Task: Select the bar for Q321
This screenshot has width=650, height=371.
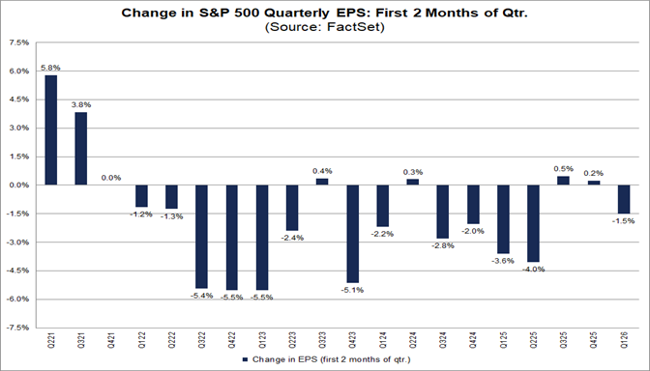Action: tap(81, 149)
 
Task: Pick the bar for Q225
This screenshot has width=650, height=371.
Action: tap(533, 223)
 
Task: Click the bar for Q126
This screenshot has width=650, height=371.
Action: tap(624, 199)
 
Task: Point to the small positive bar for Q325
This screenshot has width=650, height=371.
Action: tap(563, 181)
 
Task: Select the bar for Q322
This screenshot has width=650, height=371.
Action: tap(201, 236)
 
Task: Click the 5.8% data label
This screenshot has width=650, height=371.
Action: tap(50, 68)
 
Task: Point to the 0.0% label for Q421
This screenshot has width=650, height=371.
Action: tap(111, 178)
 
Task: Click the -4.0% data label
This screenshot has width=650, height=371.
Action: tap(533, 269)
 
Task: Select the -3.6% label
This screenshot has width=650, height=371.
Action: tap(503, 261)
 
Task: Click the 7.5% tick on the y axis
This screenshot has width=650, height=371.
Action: tap(18, 43)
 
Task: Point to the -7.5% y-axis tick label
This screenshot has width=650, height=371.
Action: tap(17, 328)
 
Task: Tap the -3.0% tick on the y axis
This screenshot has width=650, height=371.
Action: tap(17, 243)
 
